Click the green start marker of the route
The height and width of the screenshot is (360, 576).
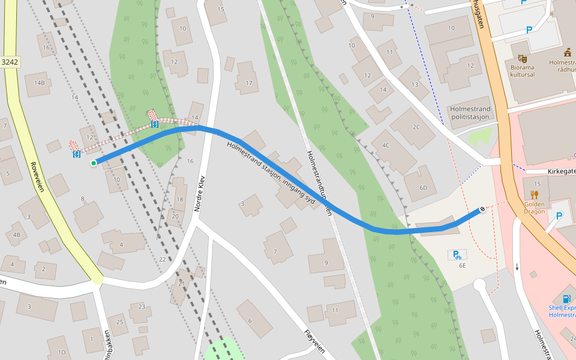click(94, 163)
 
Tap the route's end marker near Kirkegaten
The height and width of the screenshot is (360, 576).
click(482, 209)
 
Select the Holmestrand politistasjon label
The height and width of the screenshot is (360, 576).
click(470, 113)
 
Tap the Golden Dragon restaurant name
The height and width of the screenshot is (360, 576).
click(535, 208)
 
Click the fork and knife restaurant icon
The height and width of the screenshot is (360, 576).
click(535, 194)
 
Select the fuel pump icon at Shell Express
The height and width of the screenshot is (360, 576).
click(566, 298)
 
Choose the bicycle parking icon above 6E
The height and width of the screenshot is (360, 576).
click(457, 254)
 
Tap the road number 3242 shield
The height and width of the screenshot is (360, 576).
click(10, 62)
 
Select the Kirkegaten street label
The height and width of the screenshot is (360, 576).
click(561, 171)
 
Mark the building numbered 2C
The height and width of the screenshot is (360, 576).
click(416, 127)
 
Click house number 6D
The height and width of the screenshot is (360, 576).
click(423, 188)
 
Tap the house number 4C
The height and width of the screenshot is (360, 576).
click(385, 145)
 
